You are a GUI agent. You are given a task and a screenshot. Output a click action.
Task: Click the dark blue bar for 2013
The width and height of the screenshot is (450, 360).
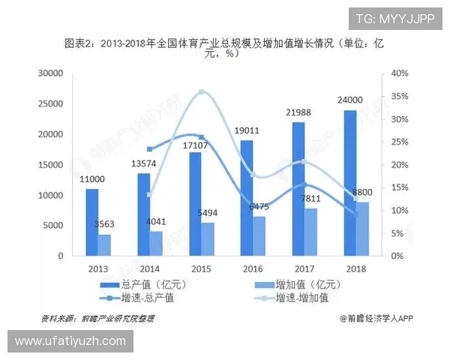92,222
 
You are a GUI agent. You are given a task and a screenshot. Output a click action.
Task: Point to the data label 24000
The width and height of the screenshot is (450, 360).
349,100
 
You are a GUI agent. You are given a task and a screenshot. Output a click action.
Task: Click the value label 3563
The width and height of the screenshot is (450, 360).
105,223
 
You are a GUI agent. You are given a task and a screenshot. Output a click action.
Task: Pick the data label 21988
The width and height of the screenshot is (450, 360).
298,112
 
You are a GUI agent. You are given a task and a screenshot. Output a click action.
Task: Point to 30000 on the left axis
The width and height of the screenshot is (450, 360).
50,73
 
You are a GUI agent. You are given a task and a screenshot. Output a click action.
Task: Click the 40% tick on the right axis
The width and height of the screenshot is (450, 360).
400,73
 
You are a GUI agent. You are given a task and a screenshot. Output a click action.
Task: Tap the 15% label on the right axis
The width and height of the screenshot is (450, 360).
400,187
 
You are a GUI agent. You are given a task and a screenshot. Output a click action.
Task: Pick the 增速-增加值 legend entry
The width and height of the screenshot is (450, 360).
293,298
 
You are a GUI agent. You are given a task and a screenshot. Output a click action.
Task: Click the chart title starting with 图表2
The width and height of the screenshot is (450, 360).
225,47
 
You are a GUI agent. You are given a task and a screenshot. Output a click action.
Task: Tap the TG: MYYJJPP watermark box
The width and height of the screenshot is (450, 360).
394,19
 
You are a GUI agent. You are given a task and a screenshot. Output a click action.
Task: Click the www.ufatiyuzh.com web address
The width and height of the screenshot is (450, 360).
71,341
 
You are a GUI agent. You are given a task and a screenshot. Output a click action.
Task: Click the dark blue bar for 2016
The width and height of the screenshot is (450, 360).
247,198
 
